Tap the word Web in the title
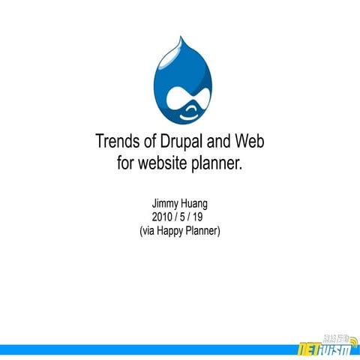250,141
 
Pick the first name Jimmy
166,202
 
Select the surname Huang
196,202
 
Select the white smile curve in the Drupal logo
187,112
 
